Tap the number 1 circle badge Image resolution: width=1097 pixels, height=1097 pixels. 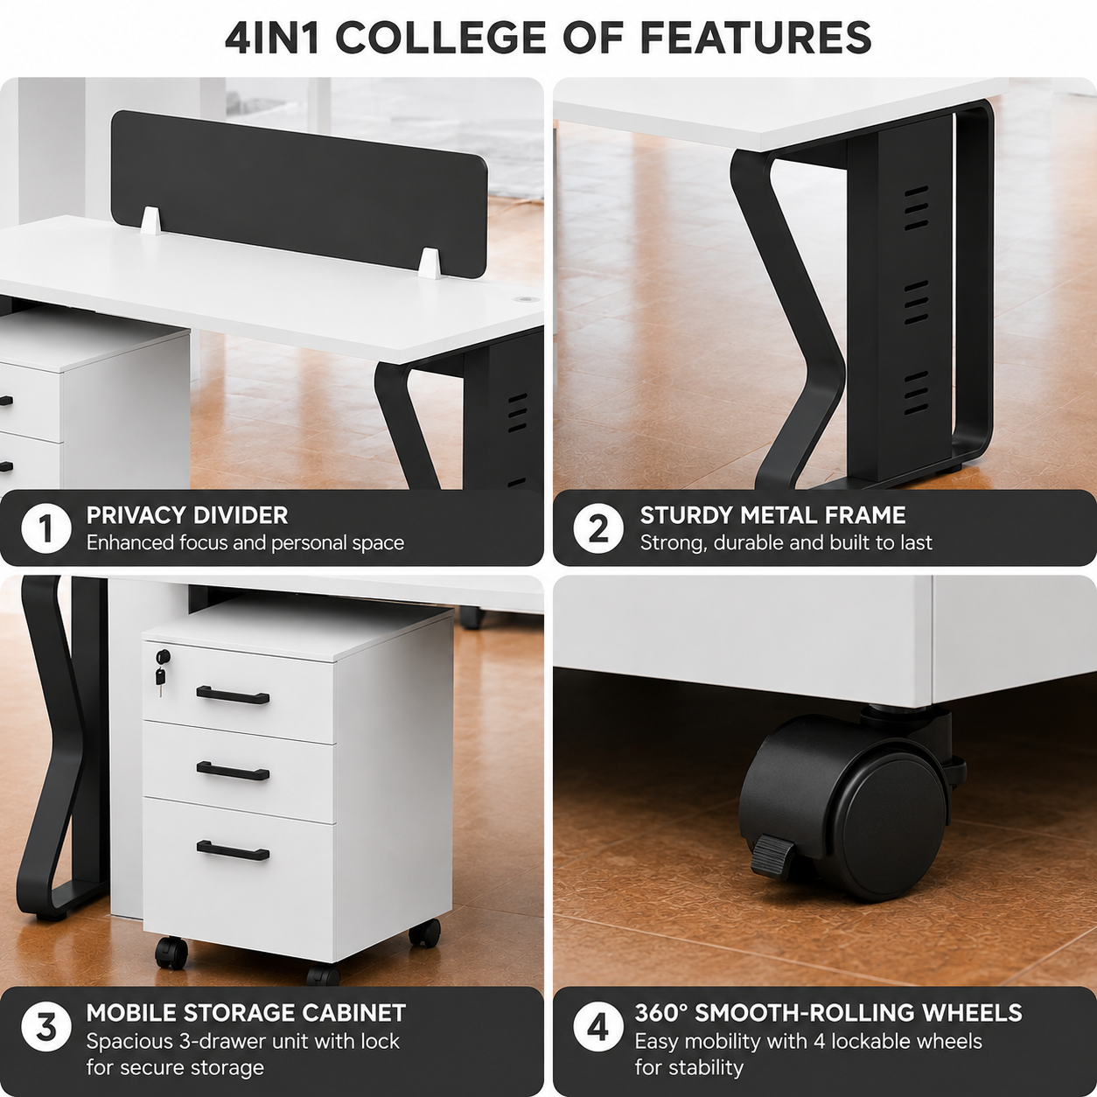[46, 528]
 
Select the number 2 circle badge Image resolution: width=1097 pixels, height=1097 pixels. [598, 528]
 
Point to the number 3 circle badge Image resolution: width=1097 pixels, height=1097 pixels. [46, 1028]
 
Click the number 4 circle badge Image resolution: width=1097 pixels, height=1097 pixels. [598, 1028]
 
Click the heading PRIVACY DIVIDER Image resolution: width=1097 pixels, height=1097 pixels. [187, 515]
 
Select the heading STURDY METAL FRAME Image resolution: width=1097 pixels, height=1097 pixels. [772, 515]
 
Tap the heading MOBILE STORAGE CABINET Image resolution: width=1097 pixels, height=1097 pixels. [246, 1013]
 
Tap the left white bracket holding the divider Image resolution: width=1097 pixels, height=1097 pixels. [151, 220]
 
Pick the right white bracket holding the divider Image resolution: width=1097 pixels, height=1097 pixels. [430, 263]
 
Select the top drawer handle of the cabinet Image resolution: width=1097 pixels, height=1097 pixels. [233, 695]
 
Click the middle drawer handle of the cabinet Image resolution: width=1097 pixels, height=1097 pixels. [233, 772]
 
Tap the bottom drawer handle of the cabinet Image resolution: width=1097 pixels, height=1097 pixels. [233, 850]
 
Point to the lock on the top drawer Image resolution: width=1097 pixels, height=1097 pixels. [164, 656]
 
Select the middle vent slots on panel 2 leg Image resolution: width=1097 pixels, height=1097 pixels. [916, 303]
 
